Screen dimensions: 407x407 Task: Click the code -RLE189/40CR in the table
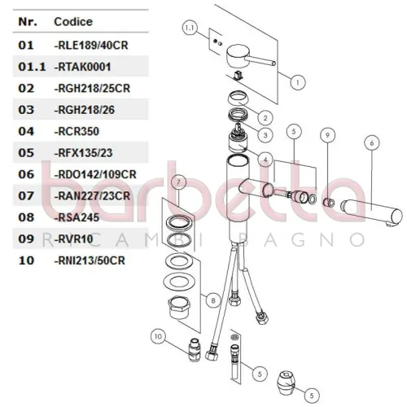coord(91,45)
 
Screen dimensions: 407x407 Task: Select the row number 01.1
coord(32,67)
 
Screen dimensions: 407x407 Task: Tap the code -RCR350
coord(77,131)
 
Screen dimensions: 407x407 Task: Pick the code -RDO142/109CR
coord(95,174)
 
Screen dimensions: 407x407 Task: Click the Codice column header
coord(73,22)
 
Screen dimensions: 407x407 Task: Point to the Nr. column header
coord(28,22)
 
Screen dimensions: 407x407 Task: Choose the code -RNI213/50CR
coord(90,260)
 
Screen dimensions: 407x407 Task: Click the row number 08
coord(26,217)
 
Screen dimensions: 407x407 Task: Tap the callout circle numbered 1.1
coord(190,28)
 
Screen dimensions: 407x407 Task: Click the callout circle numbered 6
coord(372,143)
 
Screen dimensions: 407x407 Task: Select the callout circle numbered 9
coord(327,135)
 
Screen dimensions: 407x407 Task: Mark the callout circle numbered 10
coord(158,336)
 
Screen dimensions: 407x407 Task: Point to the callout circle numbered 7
coord(178,182)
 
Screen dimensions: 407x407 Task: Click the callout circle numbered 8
coord(213,300)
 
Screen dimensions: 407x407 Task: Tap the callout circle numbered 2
coord(265,118)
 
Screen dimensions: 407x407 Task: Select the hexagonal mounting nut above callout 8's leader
coord(179,307)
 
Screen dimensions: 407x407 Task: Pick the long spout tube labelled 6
coord(371,212)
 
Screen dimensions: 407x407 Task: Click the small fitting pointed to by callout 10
coord(195,350)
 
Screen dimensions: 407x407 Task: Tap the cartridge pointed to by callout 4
coord(238,138)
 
